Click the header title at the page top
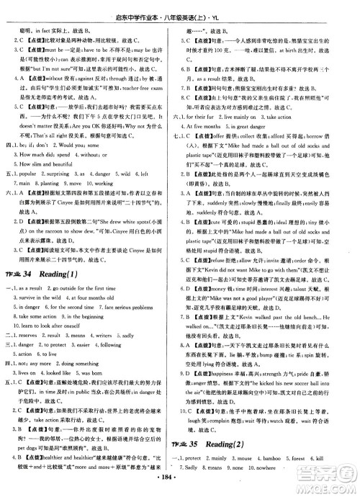coord(180,9)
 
